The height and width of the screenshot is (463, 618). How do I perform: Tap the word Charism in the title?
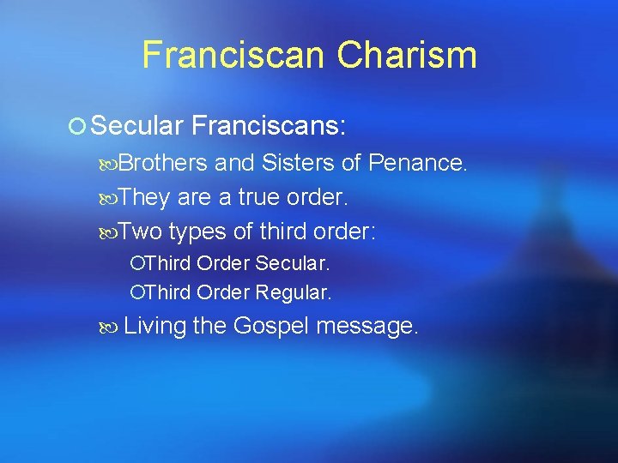click(x=407, y=55)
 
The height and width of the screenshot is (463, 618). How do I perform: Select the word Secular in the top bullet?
click(x=137, y=127)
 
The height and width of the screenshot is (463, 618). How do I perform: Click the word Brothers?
click(x=163, y=163)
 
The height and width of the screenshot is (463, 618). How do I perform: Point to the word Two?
click(x=140, y=232)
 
